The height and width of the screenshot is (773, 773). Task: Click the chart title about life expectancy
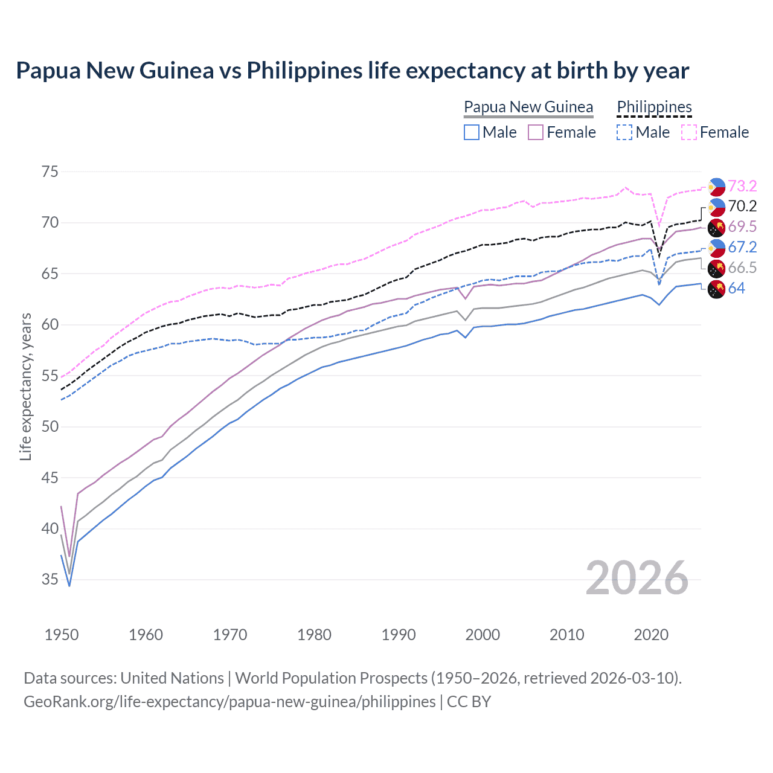point(352,71)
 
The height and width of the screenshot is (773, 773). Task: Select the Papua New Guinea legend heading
point(528,107)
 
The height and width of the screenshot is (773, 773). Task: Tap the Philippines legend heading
point(654,107)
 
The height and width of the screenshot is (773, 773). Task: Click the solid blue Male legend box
point(472,132)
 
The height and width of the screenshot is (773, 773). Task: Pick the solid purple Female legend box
point(536,132)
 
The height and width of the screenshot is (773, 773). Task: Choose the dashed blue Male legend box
point(624,132)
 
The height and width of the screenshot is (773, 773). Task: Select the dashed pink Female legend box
point(689,132)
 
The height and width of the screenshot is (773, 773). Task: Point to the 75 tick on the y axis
point(50,172)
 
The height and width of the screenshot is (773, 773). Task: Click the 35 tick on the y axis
point(50,580)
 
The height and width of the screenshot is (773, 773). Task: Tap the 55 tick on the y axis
point(50,376)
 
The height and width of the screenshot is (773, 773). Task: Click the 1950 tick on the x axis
point(62,635)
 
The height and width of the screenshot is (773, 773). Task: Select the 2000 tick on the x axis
point(483,635)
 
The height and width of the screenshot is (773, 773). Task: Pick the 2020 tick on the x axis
point(651,635)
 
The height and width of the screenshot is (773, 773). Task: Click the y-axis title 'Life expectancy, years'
point(25,386)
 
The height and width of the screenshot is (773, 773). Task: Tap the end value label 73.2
point(742,186)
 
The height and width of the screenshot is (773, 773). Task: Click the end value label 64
point(736,288)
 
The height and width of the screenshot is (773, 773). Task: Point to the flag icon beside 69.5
point(716,227)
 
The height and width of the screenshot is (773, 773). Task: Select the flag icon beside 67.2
point(716,247)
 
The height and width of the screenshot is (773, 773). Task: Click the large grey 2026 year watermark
point(637,578)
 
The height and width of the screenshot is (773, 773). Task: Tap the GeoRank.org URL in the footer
point(229,702)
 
